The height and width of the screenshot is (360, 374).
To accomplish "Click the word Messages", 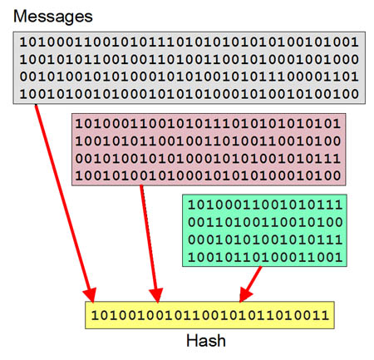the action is pyautogui.click(x=53, y=17).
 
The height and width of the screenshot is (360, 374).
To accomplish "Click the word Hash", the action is pyautogui.click(x=206, y=341).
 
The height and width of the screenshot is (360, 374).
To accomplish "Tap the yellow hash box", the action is pyautogui.click(x=209, y=315).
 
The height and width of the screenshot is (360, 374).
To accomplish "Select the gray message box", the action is pyautogui.click(x=189, y=68).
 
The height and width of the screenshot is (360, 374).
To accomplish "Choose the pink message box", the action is pyautogui.click(x=209, y=150).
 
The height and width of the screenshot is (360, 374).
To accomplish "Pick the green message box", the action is pyautogui.click(x=264, y=230).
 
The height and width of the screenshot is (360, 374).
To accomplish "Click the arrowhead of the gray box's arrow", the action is pyautogui.click(x=91, y=295).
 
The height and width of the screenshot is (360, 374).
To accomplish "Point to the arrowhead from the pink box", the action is pyautogui.click(x=156, y=295).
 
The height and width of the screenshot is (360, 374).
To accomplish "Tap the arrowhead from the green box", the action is pyautogui.click(x=244, y=294).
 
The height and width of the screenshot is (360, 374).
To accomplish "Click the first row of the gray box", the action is pyautogui.click(x=189, y=42).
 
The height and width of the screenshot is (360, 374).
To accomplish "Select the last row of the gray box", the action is pyautogui.click(x=189, y=94).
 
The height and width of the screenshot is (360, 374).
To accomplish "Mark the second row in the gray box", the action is pyautogui.click(x=189, y=59).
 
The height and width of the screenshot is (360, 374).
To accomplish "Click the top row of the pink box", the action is pyautogui.click(x=208, y=124).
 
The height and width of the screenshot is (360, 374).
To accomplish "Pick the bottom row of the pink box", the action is pyautogui.click(x=208, y=175).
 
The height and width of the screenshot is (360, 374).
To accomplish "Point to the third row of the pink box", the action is pyautogui.click(x=208, y=158).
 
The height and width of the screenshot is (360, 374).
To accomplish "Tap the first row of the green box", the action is pyautogui.click(x=265, y=205).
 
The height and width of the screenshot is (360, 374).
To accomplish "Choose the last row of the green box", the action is pyautogui.click(x=265, y=257).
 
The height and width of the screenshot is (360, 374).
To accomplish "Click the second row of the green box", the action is pyautogui.click(x=265, y=222).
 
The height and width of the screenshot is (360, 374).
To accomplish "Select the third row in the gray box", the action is pyautogui.click(x=189, y=76).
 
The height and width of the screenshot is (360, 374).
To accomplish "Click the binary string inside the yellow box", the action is pyautogui.click(x=210, y=315).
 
